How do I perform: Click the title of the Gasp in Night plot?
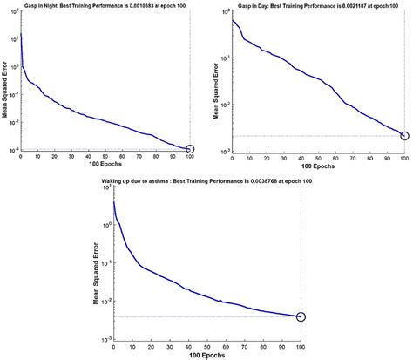(105, 6)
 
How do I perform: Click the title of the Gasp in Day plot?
(315, 6)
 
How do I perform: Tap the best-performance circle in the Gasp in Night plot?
(191, 149)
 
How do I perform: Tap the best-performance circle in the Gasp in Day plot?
(404, 136)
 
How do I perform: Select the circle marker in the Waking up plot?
(301, 316)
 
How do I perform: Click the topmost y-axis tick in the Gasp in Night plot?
(12, 12)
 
